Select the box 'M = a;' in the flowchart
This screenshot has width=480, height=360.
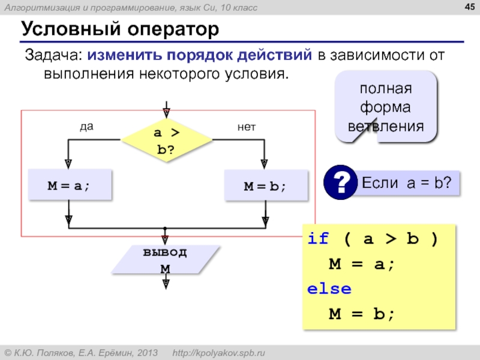point(70,185)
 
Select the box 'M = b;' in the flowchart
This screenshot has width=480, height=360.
point(265,185)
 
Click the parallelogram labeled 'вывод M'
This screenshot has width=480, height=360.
point(164,260)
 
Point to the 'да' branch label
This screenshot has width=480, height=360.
point(88,127)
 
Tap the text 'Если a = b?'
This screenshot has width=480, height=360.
point(406,182)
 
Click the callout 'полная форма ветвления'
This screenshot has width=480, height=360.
point(386,107)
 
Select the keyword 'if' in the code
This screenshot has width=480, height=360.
point(318,239)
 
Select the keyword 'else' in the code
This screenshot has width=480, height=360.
point(329,289)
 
